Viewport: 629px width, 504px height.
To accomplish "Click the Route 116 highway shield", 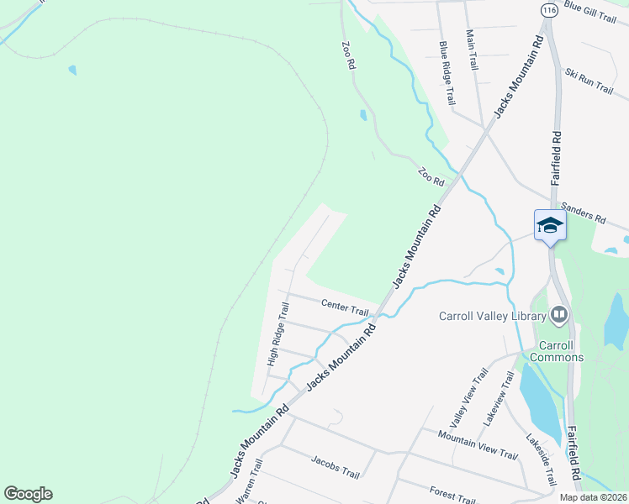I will (549, 10).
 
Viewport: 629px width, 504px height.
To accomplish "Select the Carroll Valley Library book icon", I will (559, 315).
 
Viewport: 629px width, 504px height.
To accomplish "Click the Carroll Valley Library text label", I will (493, 317).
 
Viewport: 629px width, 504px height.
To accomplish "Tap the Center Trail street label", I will (345, 307).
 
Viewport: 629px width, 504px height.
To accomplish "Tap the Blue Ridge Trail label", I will (447, 71).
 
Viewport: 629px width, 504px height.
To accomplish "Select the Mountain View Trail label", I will (477, 444).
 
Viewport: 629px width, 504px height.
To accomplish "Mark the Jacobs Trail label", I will (335, 467).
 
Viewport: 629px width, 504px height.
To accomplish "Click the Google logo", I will (28, 494).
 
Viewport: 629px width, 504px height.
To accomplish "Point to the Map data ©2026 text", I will (593, 497).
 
